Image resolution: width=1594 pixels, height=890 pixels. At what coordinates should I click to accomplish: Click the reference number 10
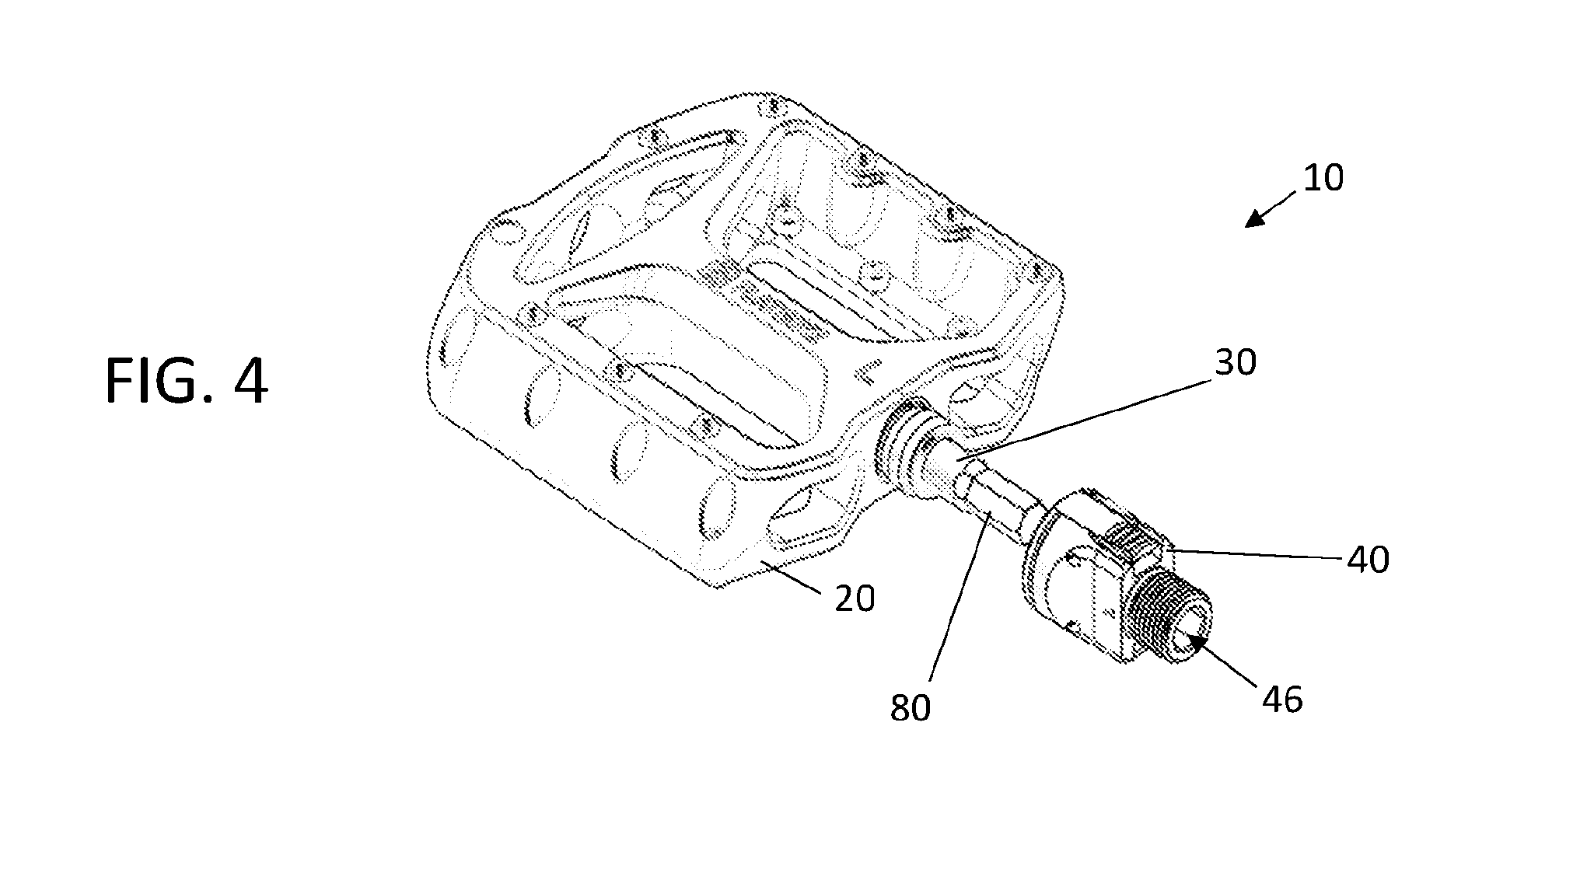pyautogui.click(x=1323, y=178)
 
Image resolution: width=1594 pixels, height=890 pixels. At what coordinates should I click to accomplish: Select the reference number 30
pyautogui.click(x=1236, y=362)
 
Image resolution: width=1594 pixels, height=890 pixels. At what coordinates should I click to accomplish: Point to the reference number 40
pyautogui.click(x=1368, y=559)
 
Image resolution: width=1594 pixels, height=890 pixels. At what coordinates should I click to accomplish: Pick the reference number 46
pyautogui.click(x=1282, y=700)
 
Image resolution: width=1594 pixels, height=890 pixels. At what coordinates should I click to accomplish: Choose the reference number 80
pyautogui.click(x=911, y=708)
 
